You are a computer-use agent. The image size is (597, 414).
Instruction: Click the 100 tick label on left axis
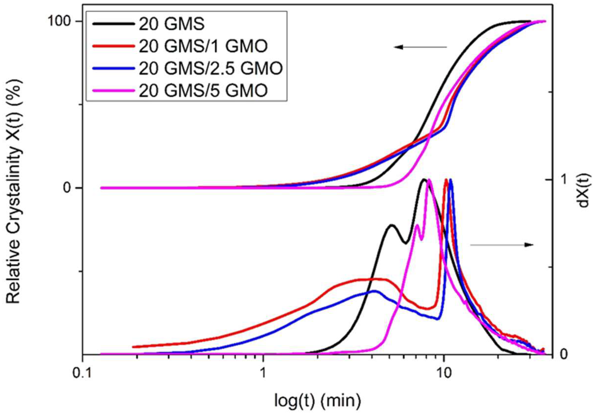61,22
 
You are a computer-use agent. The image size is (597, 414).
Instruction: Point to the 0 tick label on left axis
67,188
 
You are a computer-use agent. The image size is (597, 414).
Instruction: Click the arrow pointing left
420,47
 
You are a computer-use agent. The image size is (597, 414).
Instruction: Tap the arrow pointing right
502,245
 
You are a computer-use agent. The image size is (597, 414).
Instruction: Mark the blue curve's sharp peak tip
451,180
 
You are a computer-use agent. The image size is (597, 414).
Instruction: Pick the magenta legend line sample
114,91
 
